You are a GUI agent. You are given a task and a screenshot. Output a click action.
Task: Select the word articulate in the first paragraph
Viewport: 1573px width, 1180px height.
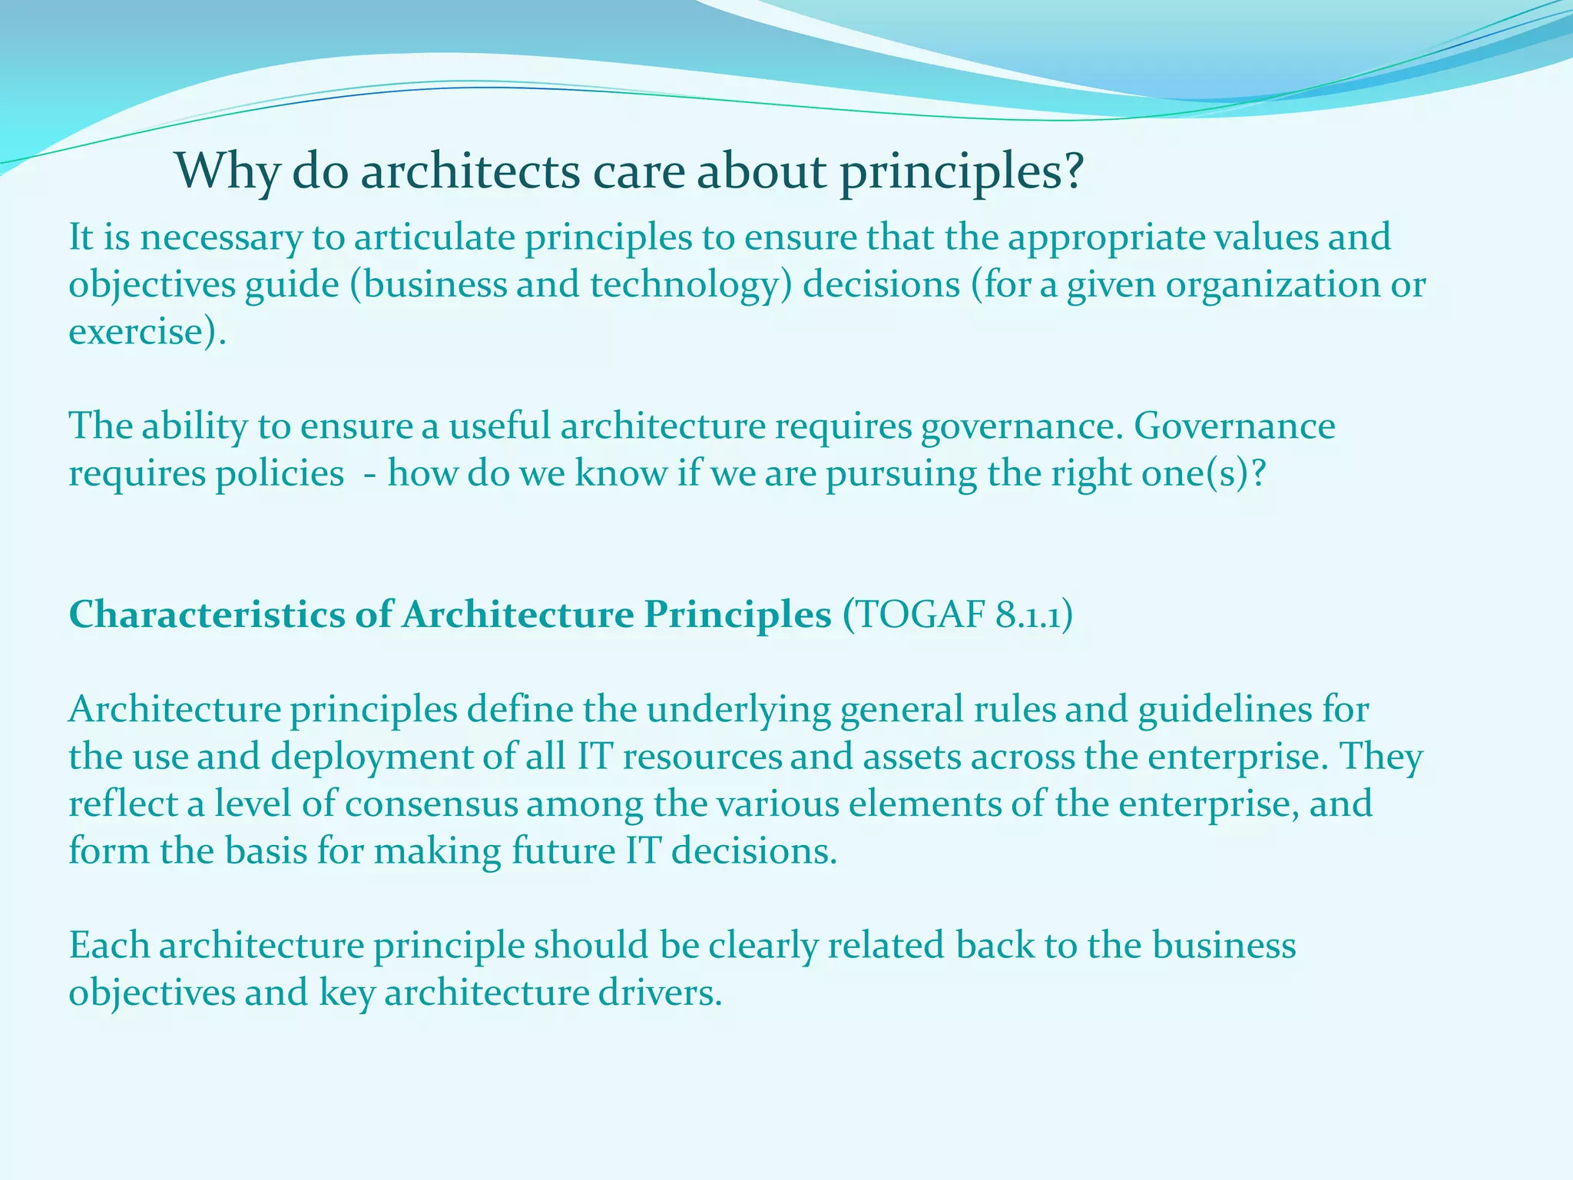[435, 237]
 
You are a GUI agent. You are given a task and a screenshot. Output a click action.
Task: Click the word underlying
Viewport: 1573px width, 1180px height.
[738, 709]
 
